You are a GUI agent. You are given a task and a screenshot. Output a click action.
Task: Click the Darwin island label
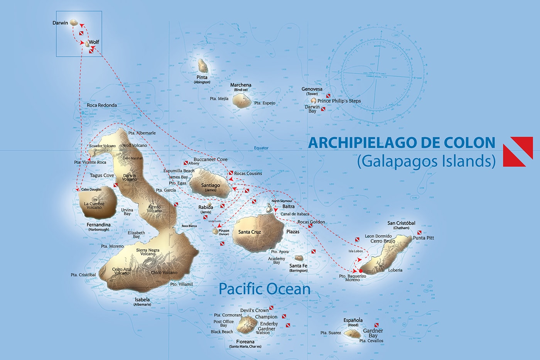click(60, 23)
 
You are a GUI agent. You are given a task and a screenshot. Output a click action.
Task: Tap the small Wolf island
click(88, 45)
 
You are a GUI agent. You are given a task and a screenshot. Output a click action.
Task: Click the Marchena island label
click(241, 85)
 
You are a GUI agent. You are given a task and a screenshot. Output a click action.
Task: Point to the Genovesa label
click(312, 89)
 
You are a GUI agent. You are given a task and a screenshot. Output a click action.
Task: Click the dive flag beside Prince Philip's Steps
click(328, 95)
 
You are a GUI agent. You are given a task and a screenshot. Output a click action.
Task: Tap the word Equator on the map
click(261, 148)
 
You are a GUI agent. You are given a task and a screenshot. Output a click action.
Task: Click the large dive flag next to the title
click(518, 151)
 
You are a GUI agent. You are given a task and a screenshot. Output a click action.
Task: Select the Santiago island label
click(211, 185)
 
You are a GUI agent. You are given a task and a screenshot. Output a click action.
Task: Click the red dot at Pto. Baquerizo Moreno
click(360, 271)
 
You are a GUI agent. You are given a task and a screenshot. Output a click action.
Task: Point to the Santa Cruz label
click(250, 232)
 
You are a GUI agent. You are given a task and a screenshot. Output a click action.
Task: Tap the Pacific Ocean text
click(265, 289)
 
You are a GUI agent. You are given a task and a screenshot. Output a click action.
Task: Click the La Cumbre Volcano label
click(94, 205)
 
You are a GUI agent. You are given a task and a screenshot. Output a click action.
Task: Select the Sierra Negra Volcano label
click(148, 252)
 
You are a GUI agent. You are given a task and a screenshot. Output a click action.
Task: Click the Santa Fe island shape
click(299, 258)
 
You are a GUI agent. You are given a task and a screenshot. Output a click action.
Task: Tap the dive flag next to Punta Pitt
click(419, 233)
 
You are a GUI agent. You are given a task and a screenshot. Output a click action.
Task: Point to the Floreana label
click(245, 341)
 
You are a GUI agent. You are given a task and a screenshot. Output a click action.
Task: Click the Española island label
click(353, 320)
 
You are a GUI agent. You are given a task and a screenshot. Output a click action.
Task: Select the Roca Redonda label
click(102, 105)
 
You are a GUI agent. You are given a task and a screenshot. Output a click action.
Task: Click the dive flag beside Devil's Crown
click(272, 308)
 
